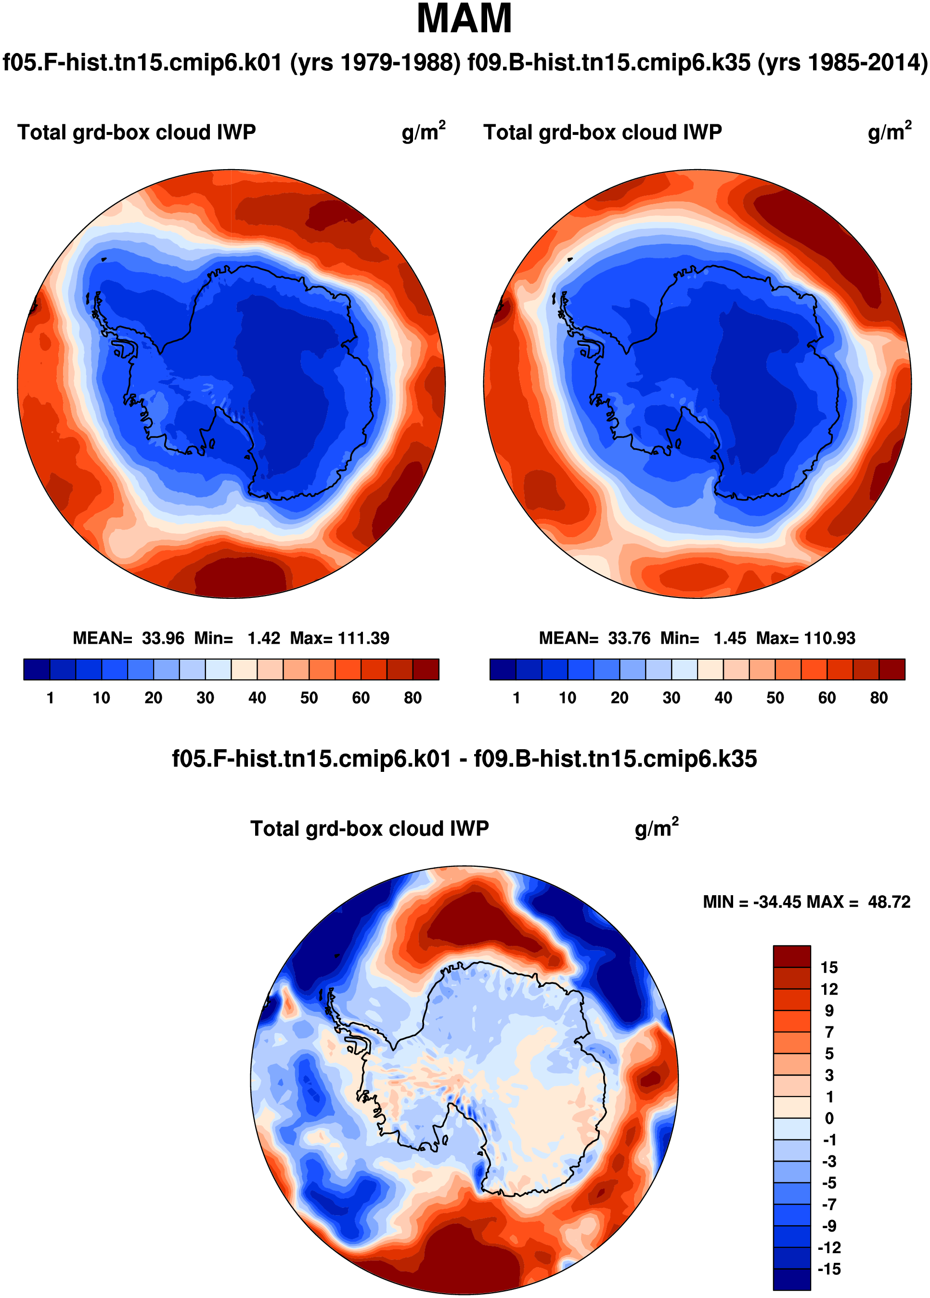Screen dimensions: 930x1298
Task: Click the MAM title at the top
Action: click(464, 19)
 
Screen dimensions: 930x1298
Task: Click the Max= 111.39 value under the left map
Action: click(340, 638)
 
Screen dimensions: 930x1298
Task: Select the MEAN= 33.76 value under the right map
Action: click(595, 638)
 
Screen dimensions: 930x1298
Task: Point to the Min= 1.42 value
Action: click(237, 638)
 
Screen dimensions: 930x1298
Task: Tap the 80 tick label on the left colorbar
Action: click(413, 698)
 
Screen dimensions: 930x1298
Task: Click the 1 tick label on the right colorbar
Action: click(517, 698)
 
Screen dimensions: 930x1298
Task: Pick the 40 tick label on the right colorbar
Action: click(723, 698)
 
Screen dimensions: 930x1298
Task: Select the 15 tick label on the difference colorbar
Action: click(829, 968)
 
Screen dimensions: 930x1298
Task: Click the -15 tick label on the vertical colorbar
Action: click(829, 1270)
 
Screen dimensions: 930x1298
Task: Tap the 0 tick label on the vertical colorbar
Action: click(829, 1118)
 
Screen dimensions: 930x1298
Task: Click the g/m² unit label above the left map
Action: click(423, 131)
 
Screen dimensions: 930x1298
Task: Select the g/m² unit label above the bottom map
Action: click(657, 828)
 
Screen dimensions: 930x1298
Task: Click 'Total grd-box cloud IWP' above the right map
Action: click(603, 132)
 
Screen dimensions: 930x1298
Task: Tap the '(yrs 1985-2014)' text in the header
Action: click(843, 62)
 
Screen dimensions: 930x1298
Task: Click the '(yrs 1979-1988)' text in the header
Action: click(375, 62)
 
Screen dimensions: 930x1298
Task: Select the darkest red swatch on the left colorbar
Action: click(426, 669)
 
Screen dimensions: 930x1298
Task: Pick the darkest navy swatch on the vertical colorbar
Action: click(791, 1280)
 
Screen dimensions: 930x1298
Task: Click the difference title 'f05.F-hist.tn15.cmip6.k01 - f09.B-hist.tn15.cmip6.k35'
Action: click(465, 759)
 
